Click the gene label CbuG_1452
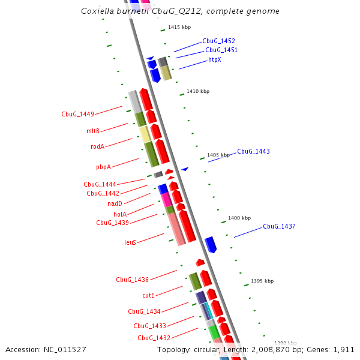coord(218,41)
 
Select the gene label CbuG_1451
coord(221,50)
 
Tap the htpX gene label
coord(215,59)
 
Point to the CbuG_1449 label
coord(77,114)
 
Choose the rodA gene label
coord(97,146)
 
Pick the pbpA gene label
coord(103,167)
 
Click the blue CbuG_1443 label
coord(253,151)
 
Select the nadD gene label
coord(115,203)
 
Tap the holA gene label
coord(120,214)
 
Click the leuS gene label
coord(130,242)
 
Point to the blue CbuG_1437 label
coord(279,226)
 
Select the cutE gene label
coord(148,295)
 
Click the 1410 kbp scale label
coord(198,91)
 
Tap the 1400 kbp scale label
coord(239,218)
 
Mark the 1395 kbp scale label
coord(262,281)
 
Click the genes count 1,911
coord(343,349)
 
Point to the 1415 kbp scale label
coord(179,27)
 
